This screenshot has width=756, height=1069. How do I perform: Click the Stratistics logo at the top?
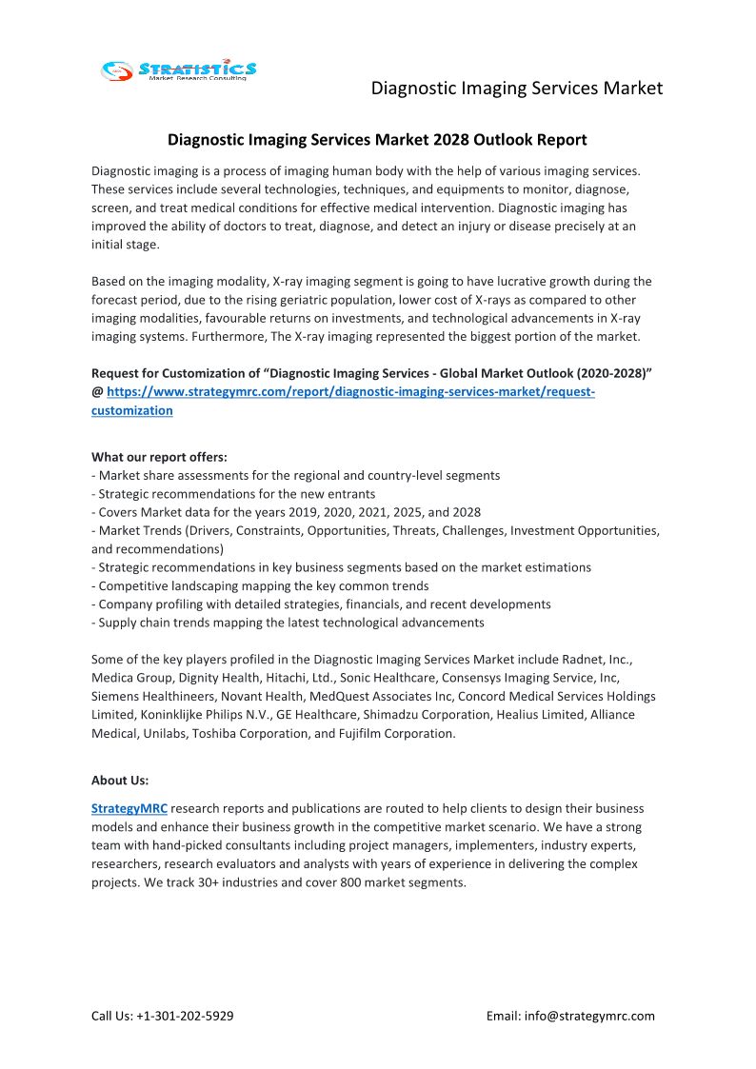(x=179, y=69)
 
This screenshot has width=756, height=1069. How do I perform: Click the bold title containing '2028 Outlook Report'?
(x=377, y=140)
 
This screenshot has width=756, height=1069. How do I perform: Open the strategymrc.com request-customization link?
(x=350, y=392)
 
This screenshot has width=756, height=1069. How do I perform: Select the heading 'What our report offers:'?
(x=159, y=457)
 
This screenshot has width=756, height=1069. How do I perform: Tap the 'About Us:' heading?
(x=120, y=780)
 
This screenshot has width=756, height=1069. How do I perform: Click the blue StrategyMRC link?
(x=129, y=808)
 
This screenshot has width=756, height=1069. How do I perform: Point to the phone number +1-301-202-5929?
(x=186, y=1016)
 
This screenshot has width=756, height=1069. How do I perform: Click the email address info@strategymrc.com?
(x=589, y=1016)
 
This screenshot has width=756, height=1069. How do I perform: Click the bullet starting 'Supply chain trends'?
(x=288, y=623)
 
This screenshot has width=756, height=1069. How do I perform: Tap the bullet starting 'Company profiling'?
(x=321, y=604)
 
